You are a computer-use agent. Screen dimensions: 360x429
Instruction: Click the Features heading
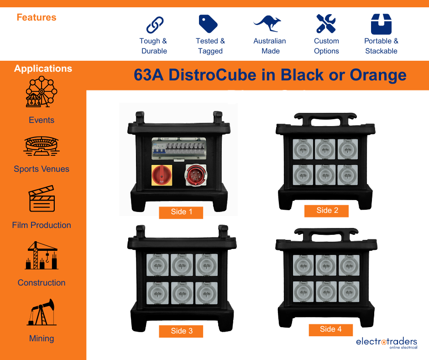[x=37, y=18]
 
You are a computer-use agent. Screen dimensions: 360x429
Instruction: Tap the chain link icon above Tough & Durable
[x=154, y=24]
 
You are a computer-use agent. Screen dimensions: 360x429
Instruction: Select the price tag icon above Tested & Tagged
[x=209, y=24]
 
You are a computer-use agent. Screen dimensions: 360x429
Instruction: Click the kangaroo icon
[x=268, y=24]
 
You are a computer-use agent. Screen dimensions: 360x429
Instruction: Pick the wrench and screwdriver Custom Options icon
[x=326, y=23]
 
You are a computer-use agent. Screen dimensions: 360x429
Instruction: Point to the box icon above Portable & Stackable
[x=381, y=24]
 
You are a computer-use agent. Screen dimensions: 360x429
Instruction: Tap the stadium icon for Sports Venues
[x=41, y=146]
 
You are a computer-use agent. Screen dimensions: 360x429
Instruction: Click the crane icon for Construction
[x=41, y=255]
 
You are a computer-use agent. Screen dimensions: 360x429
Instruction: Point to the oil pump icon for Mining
[x=42, y=312]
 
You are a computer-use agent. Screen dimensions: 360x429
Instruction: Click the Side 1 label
[x=181, y=212]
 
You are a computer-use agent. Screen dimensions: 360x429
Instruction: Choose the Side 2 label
[x=327, y=211]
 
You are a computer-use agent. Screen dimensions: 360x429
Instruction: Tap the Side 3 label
[x=181, y=331]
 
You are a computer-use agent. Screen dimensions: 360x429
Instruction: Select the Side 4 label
[x=330, y=329]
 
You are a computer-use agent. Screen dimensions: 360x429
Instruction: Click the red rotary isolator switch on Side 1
[x=162, y=175]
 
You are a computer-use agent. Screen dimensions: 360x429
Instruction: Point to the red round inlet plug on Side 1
[x=195, y=175]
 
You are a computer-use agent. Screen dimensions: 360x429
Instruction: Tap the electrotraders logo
[x=386, y=343]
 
